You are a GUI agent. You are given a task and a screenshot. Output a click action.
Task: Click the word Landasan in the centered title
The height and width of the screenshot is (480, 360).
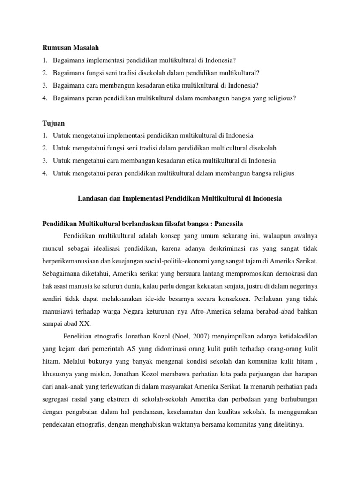91,198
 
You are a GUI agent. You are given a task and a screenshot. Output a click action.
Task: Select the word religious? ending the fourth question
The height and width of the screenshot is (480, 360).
280,97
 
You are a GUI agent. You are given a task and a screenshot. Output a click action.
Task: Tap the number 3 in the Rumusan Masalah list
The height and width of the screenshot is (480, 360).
45,85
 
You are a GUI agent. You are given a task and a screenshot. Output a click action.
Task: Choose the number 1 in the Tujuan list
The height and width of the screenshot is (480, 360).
45,135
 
